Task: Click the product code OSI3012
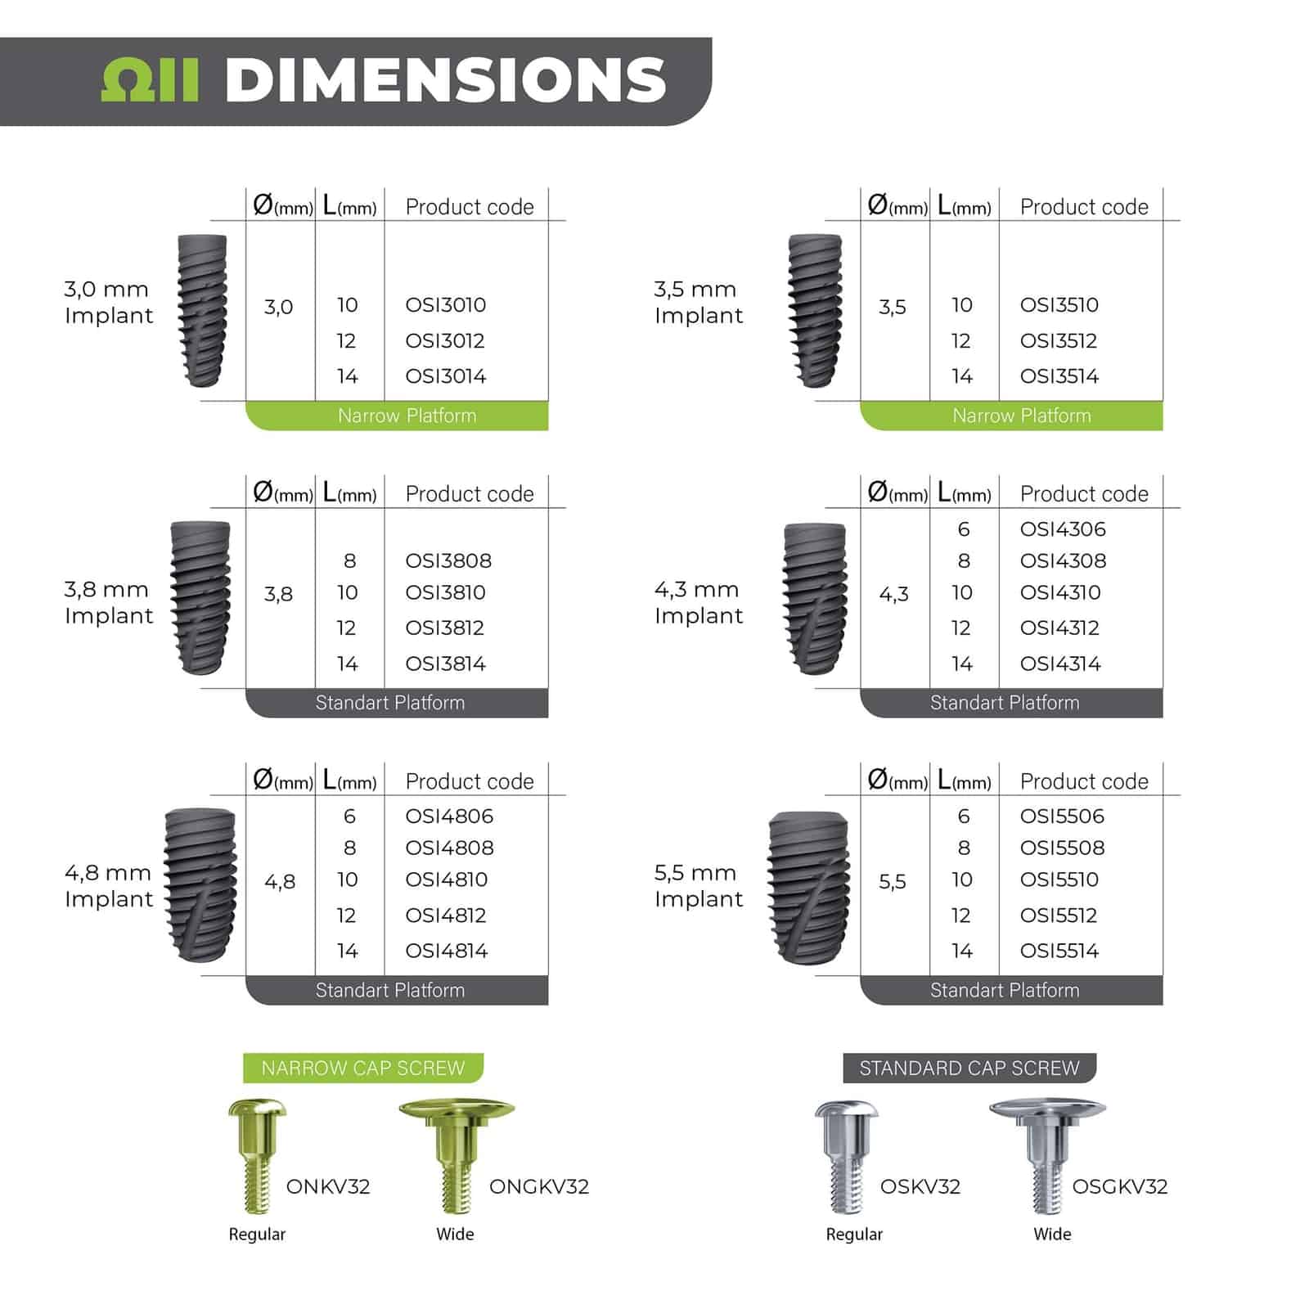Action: pos(445,340)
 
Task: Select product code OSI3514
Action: pos(1059,376)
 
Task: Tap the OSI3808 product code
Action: pos(448,560)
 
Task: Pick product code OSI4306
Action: pos(1063,529)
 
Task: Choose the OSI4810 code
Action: pos(447,879)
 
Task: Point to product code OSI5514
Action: pos(1059,951)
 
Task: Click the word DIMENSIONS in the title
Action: pos(446,80)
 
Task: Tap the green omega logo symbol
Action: pos(150,80)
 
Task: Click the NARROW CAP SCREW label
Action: pos(363,1068)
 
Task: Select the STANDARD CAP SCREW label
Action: pos(969,1068)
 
